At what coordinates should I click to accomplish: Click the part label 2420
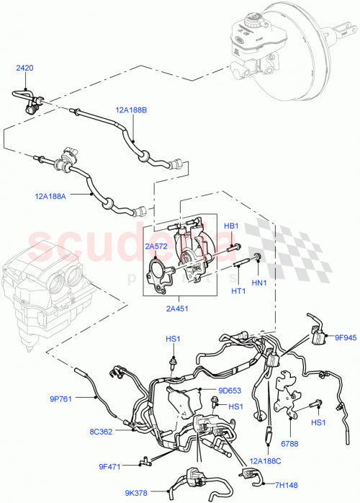coord(25,68)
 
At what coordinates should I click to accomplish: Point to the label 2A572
coord(157,246)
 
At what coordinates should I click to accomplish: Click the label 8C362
coord(100,432)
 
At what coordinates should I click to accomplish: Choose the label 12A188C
coord(266,459)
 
